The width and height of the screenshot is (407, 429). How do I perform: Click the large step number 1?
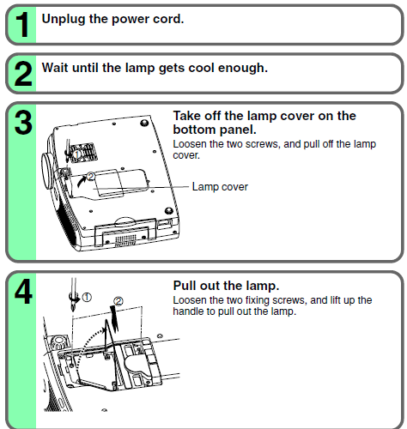click(22, 25)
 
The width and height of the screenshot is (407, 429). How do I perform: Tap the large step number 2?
click(23, 74)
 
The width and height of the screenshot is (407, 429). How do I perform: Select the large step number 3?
click(23, 123)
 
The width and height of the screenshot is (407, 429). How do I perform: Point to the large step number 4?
click(23, 292)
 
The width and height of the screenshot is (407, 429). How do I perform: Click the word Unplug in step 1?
click(64, 20)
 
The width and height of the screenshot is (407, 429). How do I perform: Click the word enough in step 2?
click(243, 69)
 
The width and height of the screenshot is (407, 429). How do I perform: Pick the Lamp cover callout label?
click(220, 187)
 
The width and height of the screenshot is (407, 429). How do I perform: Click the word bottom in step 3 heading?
click(194, 130)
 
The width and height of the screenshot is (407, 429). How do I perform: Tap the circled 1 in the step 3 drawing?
click(76, 154)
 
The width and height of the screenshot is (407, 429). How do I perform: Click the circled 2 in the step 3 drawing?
click(90, 177)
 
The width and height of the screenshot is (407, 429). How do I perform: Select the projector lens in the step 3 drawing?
click(47, 171)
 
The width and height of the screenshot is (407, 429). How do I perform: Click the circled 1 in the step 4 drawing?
click(87, 298)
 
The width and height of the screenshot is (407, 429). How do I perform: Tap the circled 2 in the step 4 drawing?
click(118, 301)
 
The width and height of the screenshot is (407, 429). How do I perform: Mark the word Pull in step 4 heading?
click(185, 286)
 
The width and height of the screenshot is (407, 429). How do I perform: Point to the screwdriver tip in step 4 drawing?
click(73, 310)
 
